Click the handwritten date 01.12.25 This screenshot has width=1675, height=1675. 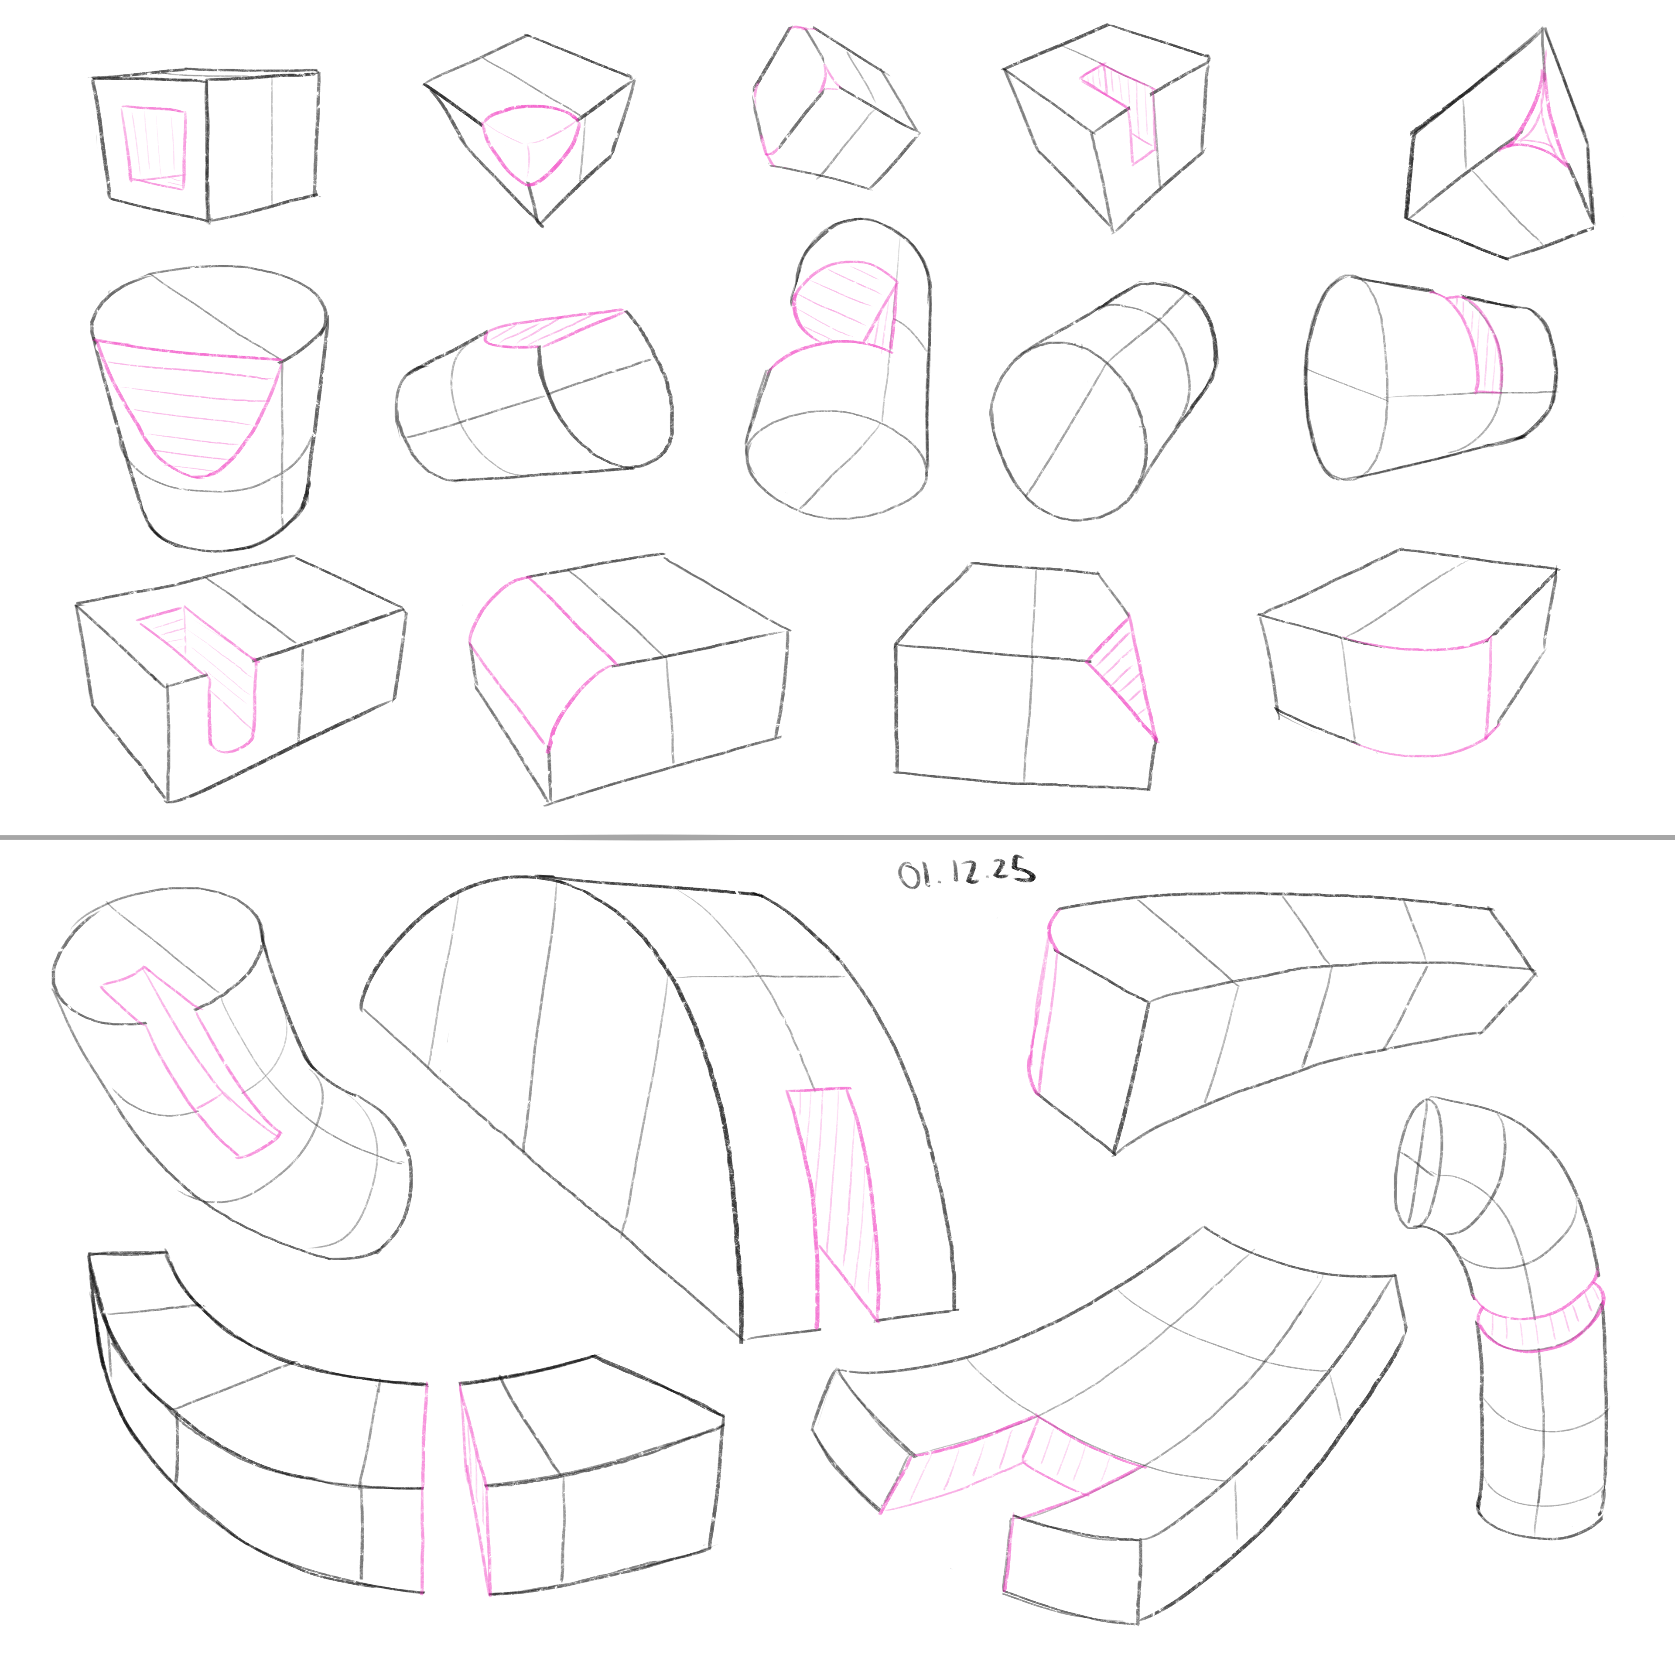pyautogui.click(x=966, y=872)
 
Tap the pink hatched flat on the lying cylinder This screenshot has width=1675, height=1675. pyautogui.click(x=555, y=329)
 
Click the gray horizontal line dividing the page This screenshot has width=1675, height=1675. pyautogui.click(x=837, y=837)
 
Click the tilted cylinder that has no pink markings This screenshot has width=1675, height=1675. pyautogui.click(x=1103, y=400)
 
